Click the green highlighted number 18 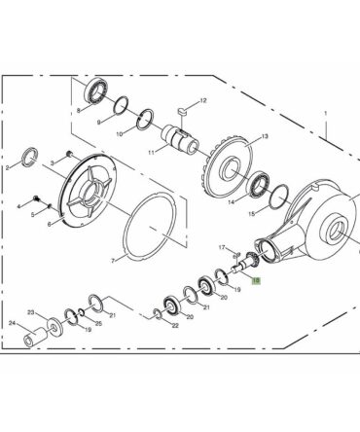256,280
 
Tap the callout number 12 203,100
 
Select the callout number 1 326,114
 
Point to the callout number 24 12,323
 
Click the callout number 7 113,261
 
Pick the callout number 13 265,136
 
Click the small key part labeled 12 183,111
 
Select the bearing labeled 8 96,90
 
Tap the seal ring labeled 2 29,157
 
